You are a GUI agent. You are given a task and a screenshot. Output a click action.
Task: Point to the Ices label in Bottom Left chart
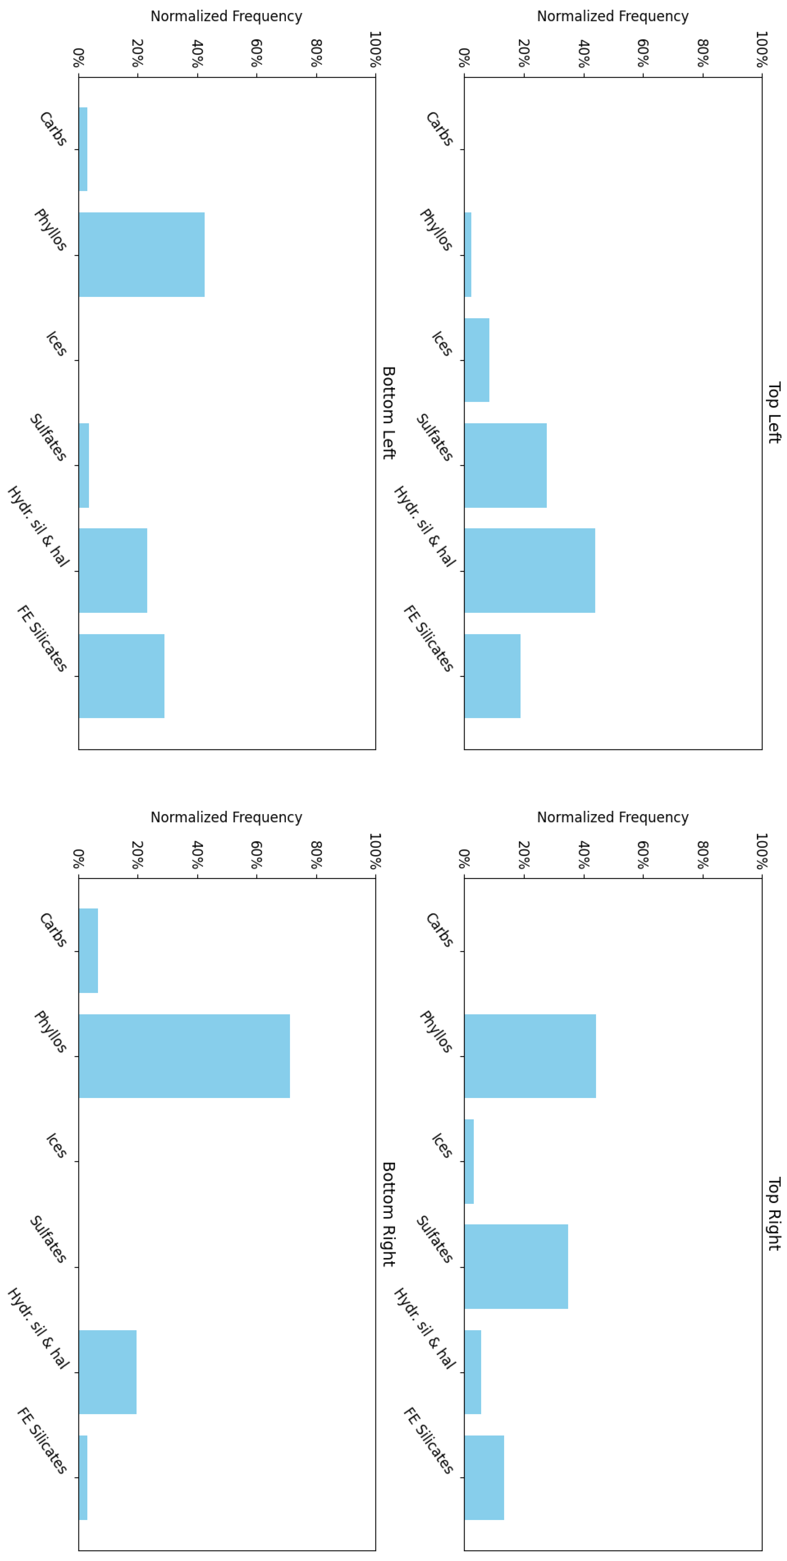(56, 344)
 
